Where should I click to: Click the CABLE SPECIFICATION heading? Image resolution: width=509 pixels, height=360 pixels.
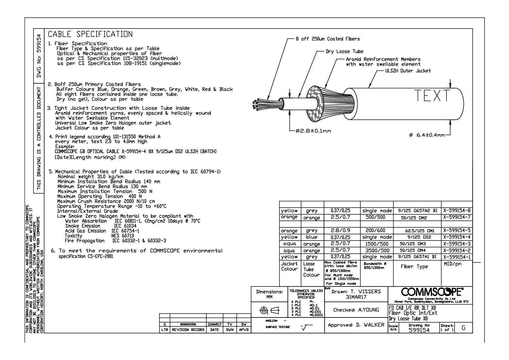[90, 34]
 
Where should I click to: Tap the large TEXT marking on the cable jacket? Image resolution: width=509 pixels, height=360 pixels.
[432, 96]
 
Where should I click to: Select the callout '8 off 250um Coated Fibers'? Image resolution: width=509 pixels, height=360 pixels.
[327, 39]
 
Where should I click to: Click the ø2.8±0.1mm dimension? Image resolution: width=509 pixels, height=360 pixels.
[313, 131]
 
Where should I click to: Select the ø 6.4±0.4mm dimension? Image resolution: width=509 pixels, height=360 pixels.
[427, 135]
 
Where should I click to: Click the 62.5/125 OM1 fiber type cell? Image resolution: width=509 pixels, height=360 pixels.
[417, 231]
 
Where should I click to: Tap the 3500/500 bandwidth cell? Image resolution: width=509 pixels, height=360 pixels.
[377, 250]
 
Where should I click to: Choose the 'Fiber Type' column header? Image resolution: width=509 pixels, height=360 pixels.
[414, 266]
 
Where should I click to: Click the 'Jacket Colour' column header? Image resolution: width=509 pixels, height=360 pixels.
[289, 266]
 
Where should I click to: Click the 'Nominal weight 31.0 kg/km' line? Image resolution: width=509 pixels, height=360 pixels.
[90, 177]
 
